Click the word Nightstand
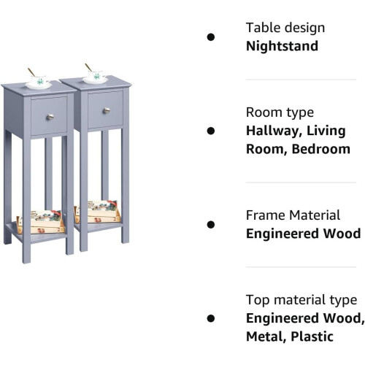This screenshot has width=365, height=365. [x=282, y=46]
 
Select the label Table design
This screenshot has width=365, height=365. [x=285, y=28]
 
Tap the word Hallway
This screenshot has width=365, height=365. [x=274, y=131]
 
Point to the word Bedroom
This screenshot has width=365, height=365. [x=321, y=149]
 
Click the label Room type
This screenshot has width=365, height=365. [x=280, y=112]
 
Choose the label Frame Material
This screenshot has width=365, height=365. [x=293, y=215]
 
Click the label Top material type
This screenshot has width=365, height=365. [x=301, y=300]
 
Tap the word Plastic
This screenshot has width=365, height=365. [x=312, y=337]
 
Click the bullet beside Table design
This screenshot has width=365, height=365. [x=211, y=37]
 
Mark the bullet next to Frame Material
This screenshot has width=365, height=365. [x=211, y=225]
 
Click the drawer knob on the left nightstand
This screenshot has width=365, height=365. [x=50, y=117]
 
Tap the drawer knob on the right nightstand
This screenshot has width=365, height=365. [x=107, y=110]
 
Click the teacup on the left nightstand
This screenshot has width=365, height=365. [x=40, y=80]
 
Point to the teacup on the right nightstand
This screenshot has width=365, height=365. [x=96, y=75]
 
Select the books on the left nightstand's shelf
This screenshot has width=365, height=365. [x=40, y=222]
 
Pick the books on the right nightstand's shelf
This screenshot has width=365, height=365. [x=97, y=212]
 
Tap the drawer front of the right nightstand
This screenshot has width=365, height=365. [x=105, y=109]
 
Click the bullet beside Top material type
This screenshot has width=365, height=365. [x=211, y=318]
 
